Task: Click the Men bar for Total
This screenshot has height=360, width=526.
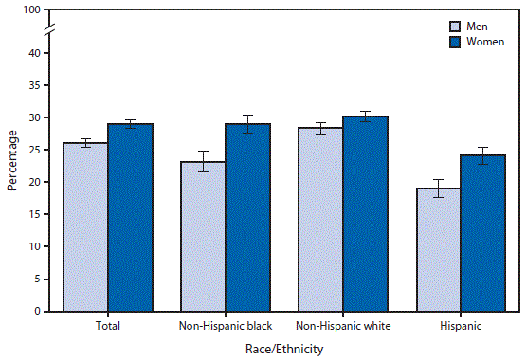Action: [85, 226]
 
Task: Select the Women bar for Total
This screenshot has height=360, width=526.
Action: [130, 217]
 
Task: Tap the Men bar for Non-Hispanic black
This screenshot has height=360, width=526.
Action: [203, 236]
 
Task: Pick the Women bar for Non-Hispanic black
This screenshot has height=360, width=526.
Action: [247, 217]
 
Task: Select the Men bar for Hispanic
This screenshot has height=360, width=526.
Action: [437, 249]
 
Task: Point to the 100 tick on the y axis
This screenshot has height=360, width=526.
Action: [32, 10]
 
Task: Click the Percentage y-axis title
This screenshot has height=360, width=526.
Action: [11, 160]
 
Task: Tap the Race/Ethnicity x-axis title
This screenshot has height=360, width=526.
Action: [283, 349]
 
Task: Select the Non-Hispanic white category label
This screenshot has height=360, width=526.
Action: [342, 326]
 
